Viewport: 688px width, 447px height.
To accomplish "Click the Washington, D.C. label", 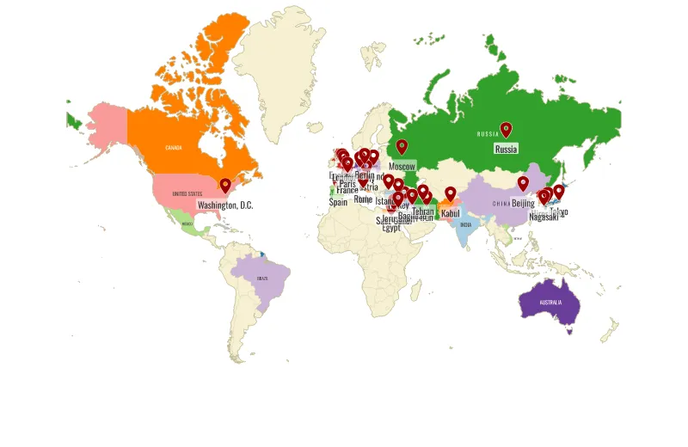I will (225, 205).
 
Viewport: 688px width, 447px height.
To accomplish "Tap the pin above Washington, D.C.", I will (225, 185).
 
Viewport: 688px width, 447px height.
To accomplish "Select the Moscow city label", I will (402, 166).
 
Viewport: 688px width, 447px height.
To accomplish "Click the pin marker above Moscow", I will (402, 146).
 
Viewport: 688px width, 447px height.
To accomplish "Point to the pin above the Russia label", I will (506, 129).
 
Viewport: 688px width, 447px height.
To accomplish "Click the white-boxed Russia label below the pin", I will (506, 149).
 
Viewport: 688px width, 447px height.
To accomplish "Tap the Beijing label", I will (523, 203).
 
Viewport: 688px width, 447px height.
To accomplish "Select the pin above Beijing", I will (523, 183).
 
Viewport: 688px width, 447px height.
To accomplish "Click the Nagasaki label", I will (544, 217).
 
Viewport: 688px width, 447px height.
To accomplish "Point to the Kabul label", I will (451, 213).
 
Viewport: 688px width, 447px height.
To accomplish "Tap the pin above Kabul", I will (450, 193).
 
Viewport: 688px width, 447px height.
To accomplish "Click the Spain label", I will (338, 203).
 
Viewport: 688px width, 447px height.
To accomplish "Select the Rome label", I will (363, 199).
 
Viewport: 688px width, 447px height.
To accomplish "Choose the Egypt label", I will (391, 228).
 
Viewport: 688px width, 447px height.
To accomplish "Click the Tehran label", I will (423, 211).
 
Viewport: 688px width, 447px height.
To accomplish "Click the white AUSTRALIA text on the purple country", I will (550, 303).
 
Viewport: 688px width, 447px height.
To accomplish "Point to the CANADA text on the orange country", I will (174, 147).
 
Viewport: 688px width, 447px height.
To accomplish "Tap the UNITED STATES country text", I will (187, 194).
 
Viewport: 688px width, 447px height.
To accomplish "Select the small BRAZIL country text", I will (262, 279).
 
